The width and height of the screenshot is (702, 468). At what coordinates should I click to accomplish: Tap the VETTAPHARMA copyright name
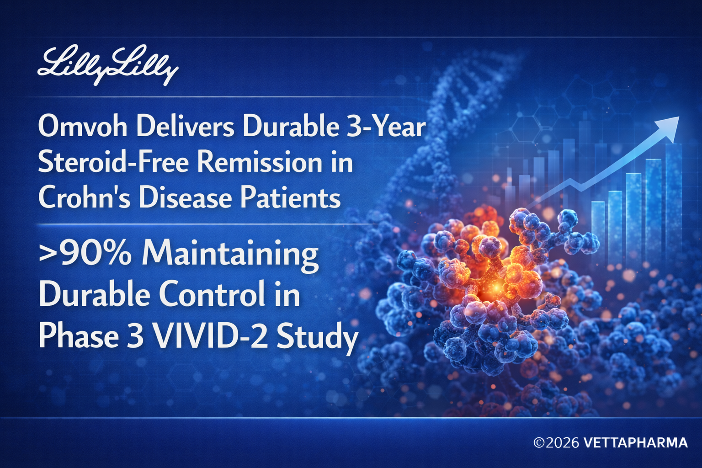[x=636, y=442]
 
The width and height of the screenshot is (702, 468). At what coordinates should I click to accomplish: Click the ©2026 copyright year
[x=556, y=442]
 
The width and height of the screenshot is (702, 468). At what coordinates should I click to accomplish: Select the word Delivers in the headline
[x=185, y=126]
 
